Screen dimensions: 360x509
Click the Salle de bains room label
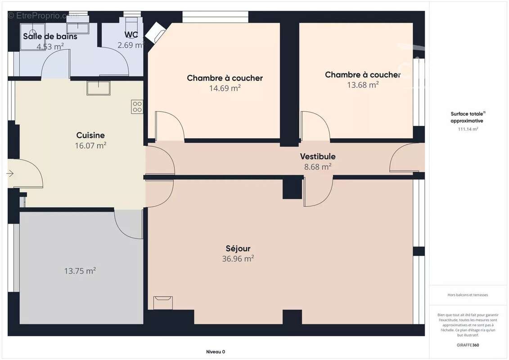[50, 36]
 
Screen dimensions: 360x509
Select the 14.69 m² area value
[225, 88]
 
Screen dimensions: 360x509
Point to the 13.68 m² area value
[362, 85]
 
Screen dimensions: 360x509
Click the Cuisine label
[90, 135]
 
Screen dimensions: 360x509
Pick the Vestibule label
[318, 157]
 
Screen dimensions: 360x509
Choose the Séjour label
[238, 248]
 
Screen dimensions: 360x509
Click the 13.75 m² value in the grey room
[80, 271]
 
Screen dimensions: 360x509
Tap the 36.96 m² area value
[238, 259]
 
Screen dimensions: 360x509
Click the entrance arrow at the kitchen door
[10, 173]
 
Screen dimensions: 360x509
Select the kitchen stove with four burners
[137, 107]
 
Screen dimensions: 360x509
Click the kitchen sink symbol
[99, 88]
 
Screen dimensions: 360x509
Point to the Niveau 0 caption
[216, 352]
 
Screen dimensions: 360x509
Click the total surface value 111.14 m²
[468, 129]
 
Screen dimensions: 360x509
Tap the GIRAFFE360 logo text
[468, 345]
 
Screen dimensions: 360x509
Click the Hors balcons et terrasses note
[468, 295]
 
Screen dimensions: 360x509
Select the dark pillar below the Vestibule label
[293, 188]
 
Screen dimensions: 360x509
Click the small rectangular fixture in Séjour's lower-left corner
[162, 302]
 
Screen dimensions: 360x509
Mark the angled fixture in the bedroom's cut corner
[155, 32]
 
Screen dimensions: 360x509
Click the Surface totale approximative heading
[468, 117]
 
